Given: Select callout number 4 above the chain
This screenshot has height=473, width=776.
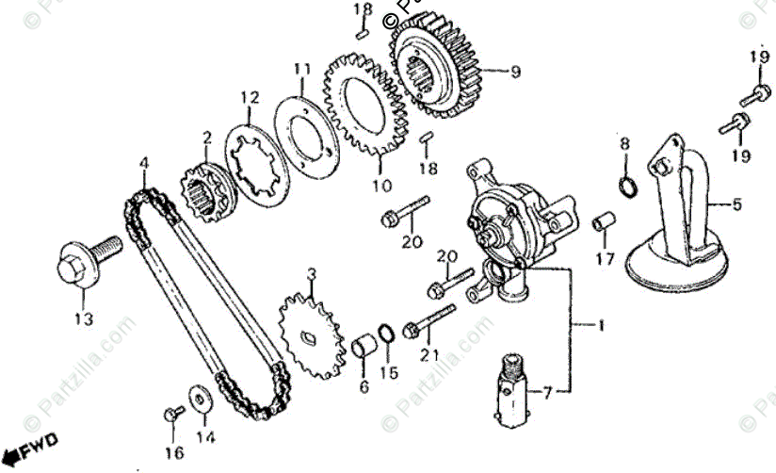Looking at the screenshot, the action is click(143, 164).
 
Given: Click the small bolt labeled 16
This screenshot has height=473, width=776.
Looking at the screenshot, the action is click(171, 413).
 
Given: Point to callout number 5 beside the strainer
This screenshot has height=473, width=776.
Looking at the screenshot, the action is click(737, 203).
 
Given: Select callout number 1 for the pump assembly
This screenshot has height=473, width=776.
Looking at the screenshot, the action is click(600, 326).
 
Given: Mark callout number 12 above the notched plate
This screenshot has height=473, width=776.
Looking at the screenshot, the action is click(249, 97).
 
